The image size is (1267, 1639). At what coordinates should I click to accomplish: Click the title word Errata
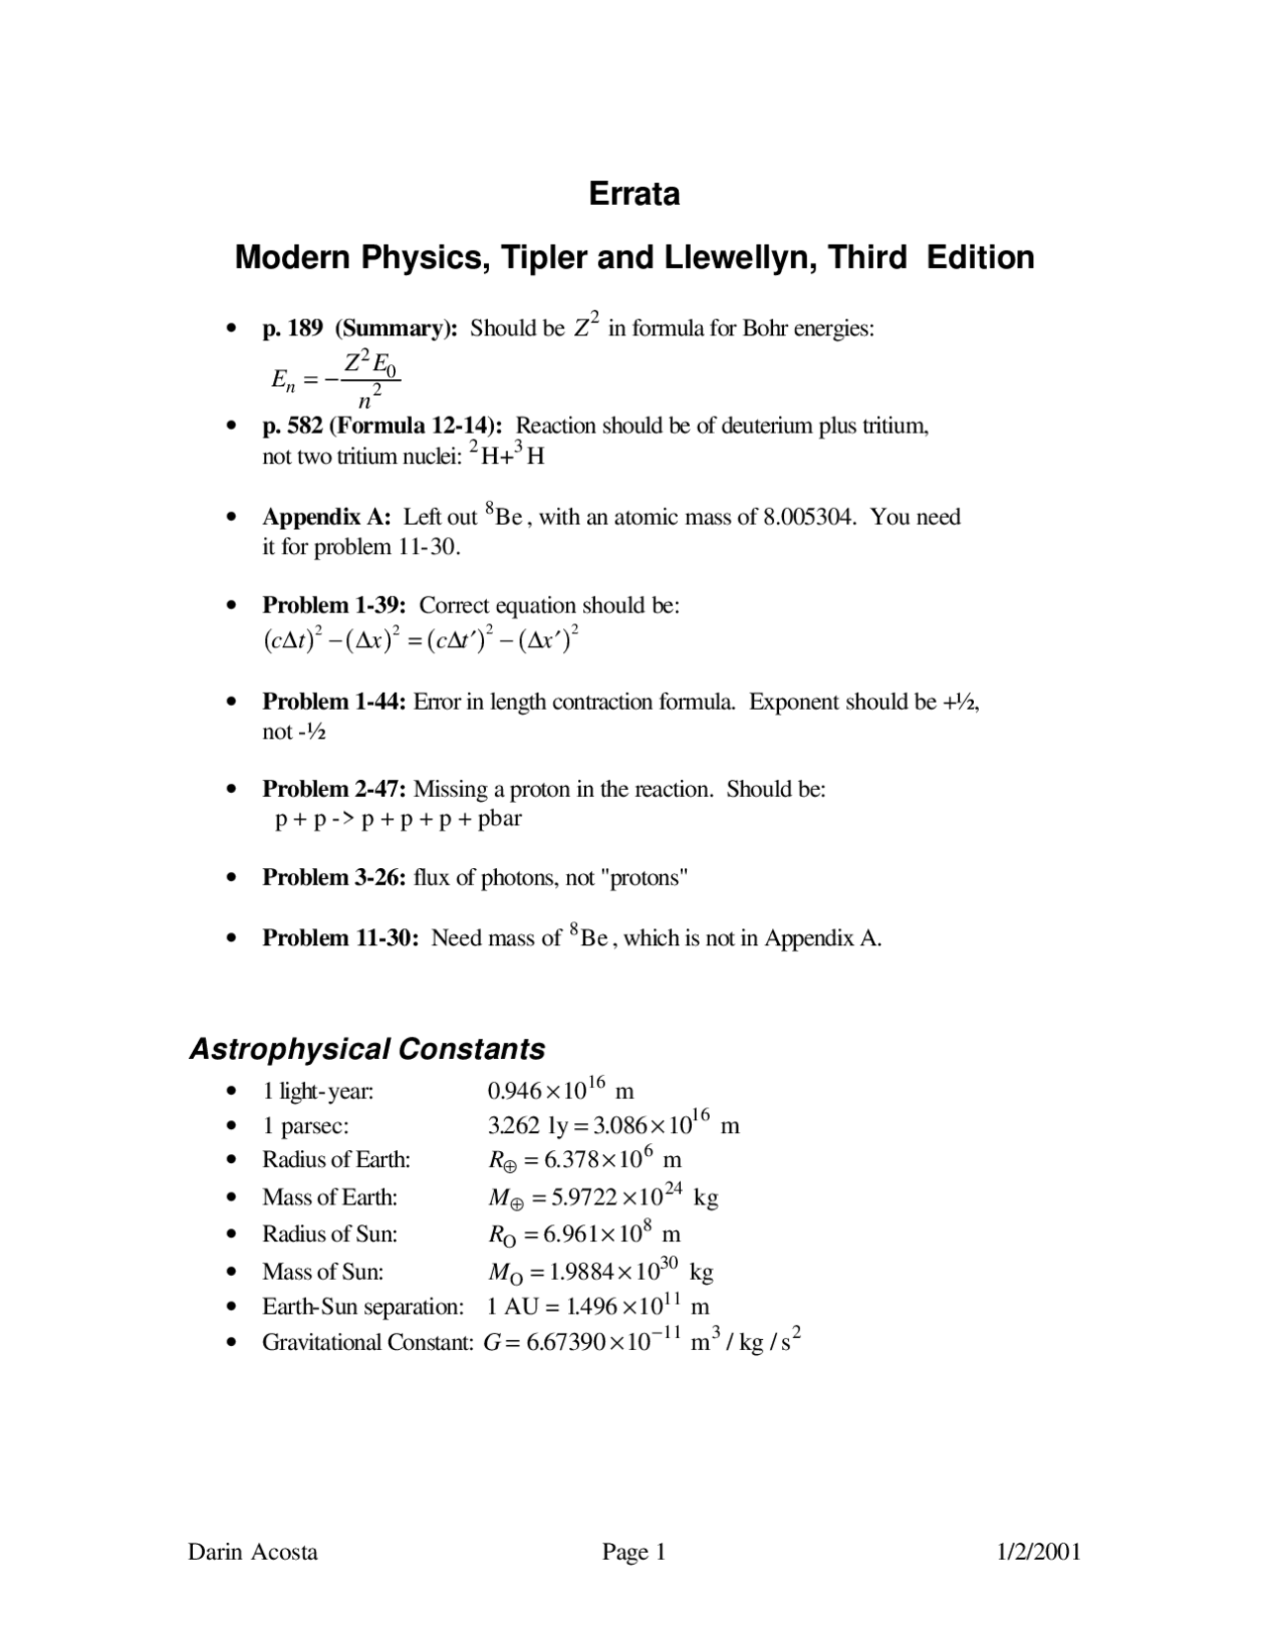click(x=633, y=193)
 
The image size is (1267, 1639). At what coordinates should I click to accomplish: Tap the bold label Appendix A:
click(x=327, y=517)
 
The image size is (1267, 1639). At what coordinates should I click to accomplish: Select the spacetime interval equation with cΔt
click(x=420, y=640)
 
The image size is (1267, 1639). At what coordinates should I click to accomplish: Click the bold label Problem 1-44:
click(x=335, y=702)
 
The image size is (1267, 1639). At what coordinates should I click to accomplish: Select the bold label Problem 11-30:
click(x=341, y=937)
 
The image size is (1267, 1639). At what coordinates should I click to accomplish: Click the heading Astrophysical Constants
click(x=367, y=1049)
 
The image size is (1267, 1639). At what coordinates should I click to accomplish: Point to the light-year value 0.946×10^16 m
click(x=560, y=1091)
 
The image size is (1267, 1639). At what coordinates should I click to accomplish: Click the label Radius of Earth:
click(x=336, y=1159)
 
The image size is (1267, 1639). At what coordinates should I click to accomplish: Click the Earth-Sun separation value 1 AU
click(x=512, y=1306)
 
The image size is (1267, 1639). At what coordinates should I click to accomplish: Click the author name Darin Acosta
click(x=253, y=1552)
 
